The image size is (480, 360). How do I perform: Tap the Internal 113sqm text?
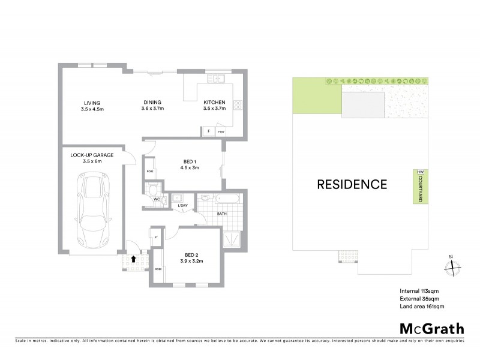click(x=419, y=291)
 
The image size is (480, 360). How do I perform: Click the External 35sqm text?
click(x=420, y=299)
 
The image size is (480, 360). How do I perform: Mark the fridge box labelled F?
click(x=208, y=130)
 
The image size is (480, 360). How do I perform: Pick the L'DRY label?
click(x=182, y=206)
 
